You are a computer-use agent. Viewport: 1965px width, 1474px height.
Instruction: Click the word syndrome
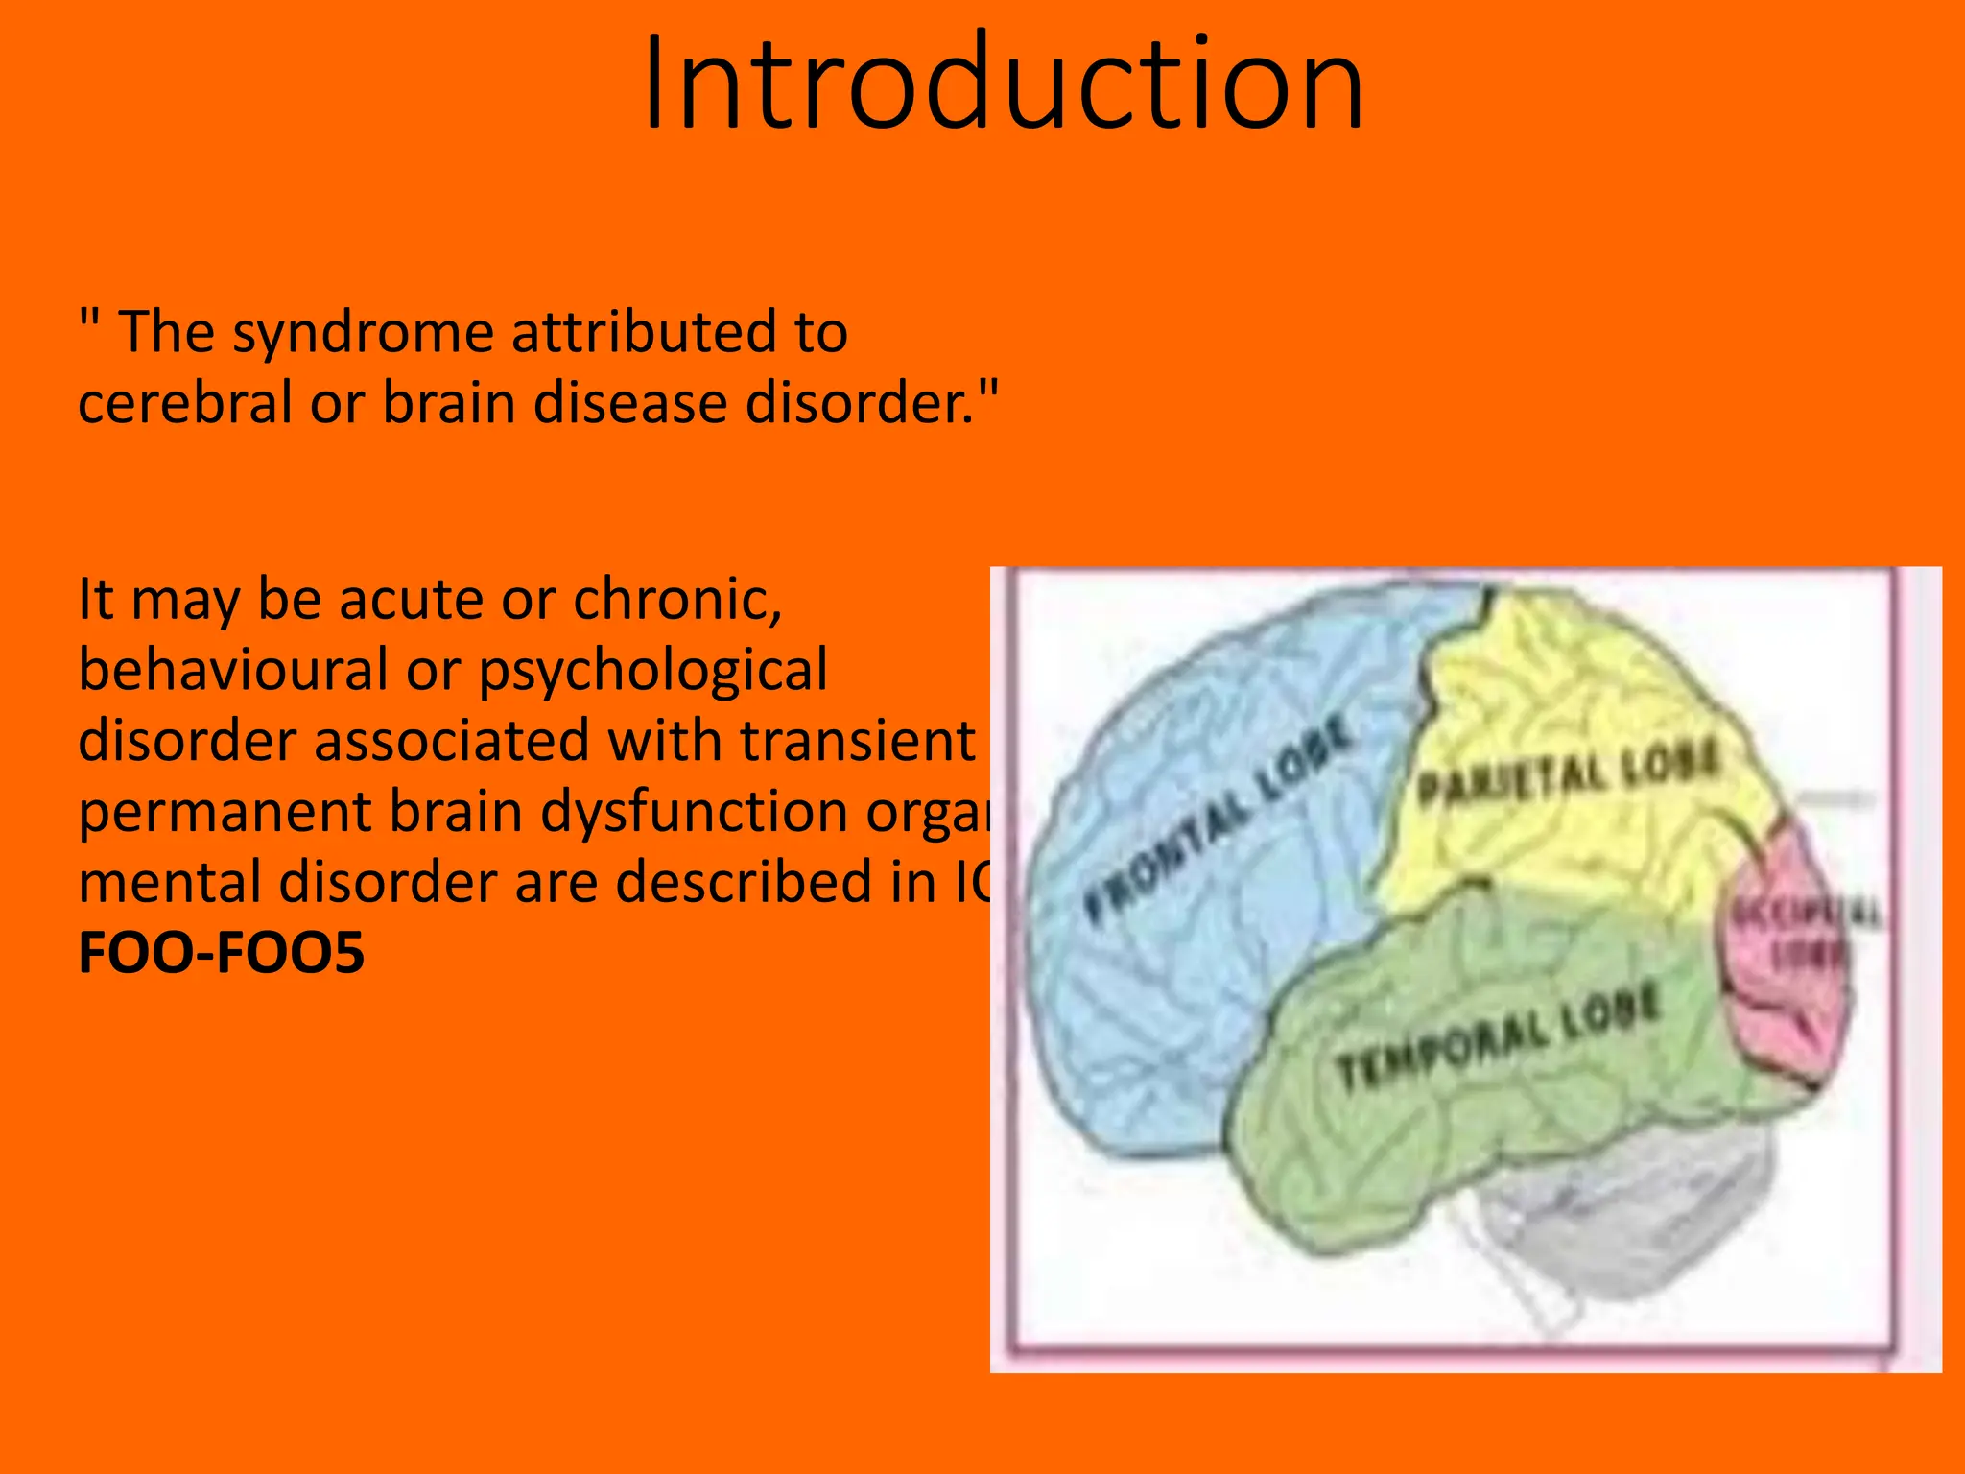pos(363,333)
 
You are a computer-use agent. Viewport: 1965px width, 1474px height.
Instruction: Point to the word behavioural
pos(234,670)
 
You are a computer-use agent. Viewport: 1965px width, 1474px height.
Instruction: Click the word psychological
pos(652,672)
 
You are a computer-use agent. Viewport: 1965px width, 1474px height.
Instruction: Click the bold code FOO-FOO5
pos(222,953)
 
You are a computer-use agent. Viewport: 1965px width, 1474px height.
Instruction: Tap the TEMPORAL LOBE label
pos(1497,1037)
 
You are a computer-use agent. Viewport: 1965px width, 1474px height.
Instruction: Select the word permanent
pos(225,813)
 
